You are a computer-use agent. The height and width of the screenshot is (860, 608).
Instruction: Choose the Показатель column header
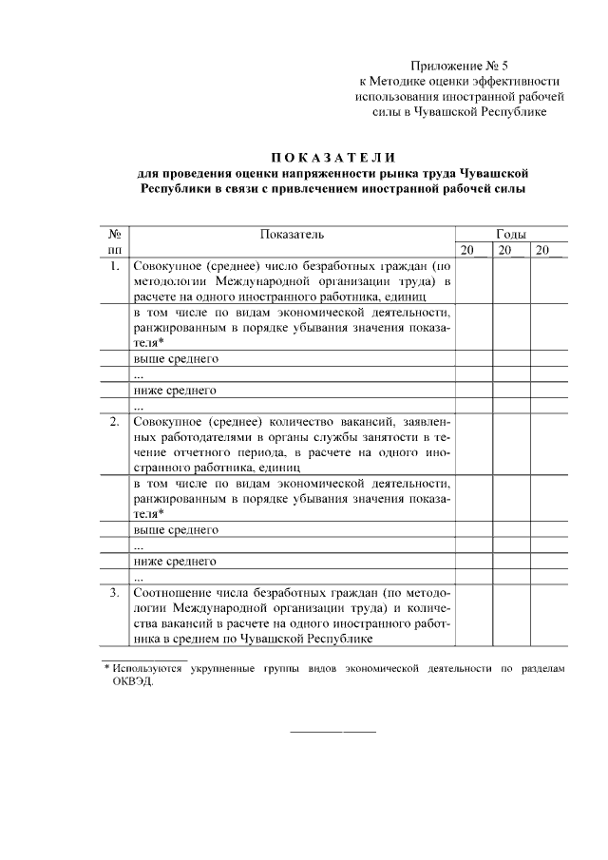(292, 233)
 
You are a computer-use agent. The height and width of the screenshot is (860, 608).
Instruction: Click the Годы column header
(511, 233)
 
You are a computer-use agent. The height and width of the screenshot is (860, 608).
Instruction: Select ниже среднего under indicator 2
(176, 561)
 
